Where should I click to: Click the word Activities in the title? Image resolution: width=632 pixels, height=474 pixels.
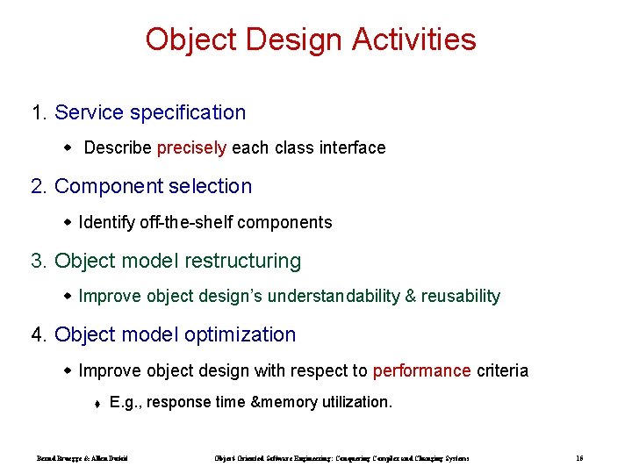(414, 39)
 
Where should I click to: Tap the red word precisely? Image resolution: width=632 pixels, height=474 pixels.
(191, 148)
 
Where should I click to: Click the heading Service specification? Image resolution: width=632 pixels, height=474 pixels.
(150, 112)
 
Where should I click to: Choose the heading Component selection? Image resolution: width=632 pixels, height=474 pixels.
(153, 186)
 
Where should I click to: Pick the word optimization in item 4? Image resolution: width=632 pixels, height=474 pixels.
(245, 334)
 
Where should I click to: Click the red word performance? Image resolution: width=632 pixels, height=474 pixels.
(421, 370)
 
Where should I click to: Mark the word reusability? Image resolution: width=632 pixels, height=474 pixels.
(461, 297)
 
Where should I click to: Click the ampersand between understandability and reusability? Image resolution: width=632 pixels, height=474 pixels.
(410, 297)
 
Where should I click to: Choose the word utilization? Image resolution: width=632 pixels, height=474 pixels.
(355, 403)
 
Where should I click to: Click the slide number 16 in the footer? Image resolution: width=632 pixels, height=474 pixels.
(580, 458)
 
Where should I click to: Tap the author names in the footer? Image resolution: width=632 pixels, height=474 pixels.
(83, 458)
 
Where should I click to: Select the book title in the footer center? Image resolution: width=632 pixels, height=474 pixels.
(341, 458)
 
